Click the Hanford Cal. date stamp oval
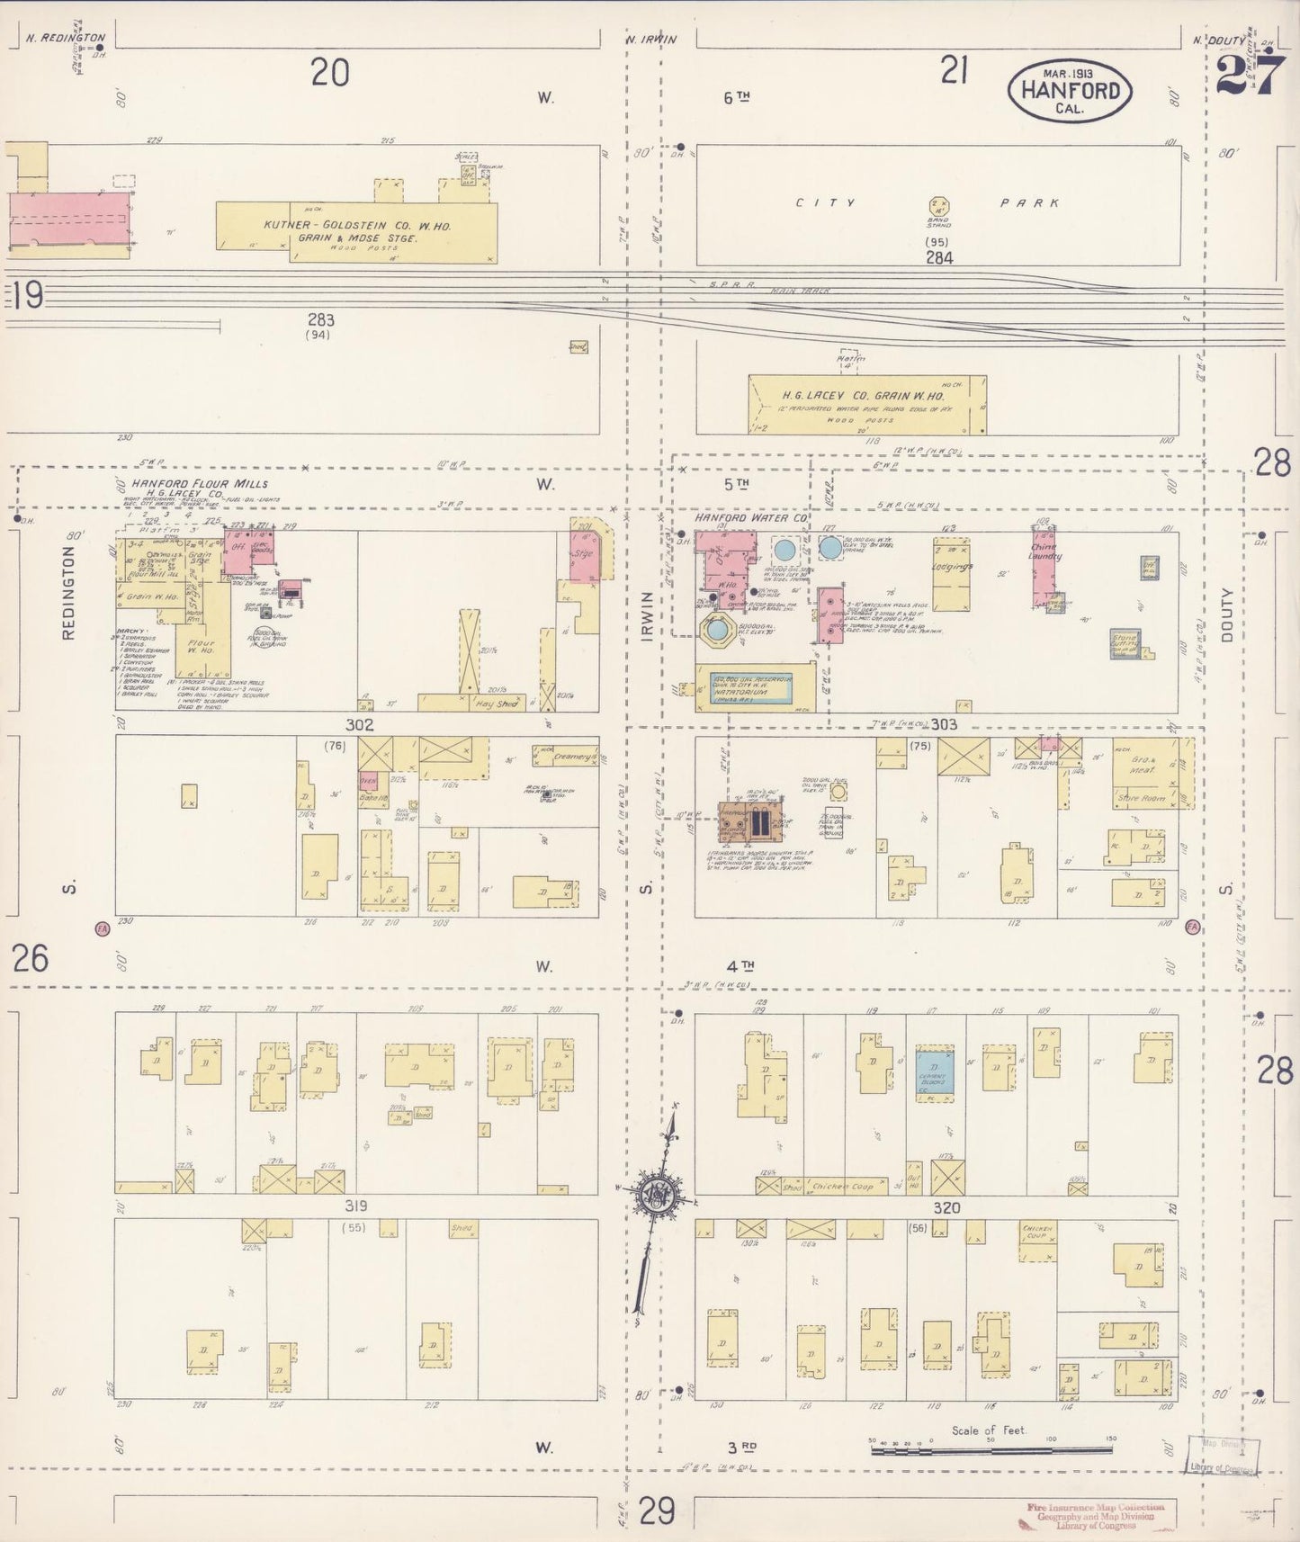(1070, 90)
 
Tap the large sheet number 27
(1249, 74)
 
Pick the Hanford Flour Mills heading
(200, 483)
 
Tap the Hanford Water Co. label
(750, 519)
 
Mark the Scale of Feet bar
(990, 1448)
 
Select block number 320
(946, 1208)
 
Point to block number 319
(354, 1206)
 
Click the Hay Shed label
(496, 704)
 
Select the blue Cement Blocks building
(935, 1071)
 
